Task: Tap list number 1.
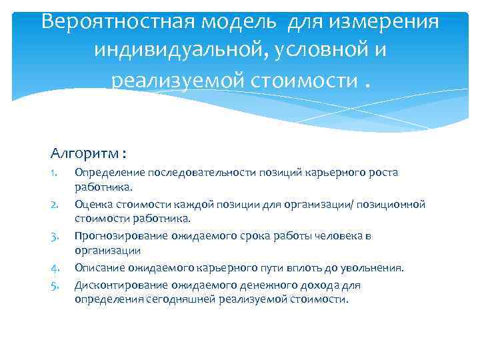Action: point(55,173)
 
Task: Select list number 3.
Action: point(55,236)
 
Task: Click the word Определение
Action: point(105,173)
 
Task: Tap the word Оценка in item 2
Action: point(91,205)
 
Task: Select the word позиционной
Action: point(394,205)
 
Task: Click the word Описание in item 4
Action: point(97,268)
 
